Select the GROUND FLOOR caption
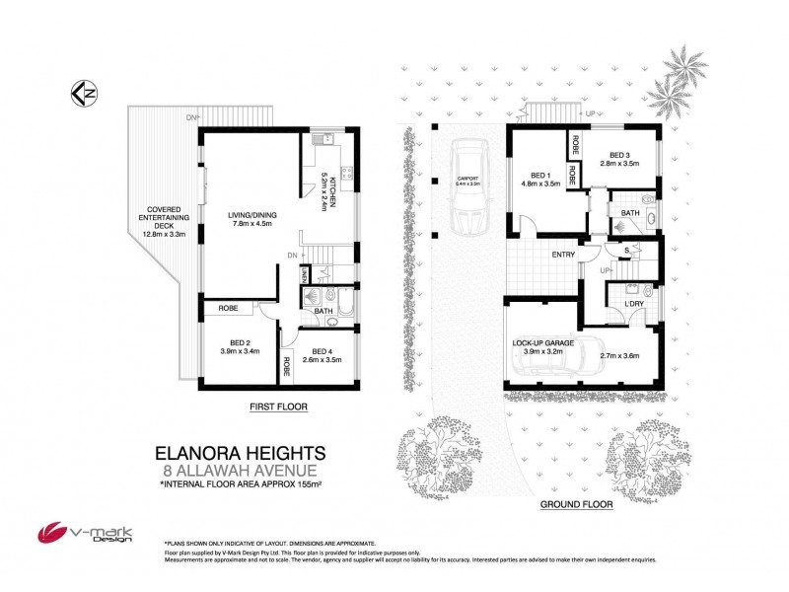tap(576, 503)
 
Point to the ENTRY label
tap(562, 255)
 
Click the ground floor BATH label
tap(629, 212)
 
